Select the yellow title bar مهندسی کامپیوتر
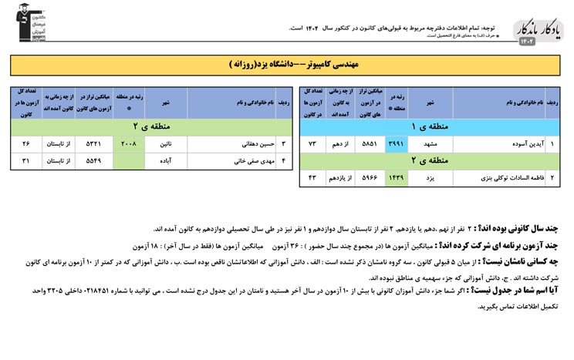286,63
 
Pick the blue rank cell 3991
395,143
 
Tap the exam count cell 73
312,143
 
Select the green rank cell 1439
395,179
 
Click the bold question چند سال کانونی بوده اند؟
532,229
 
